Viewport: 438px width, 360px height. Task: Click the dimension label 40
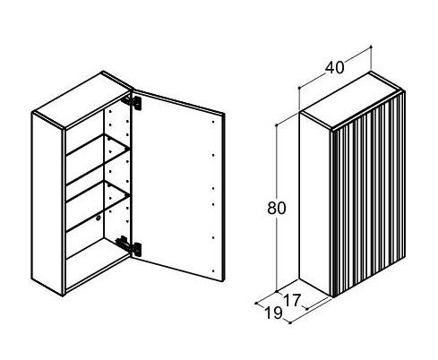(x=334, y=68)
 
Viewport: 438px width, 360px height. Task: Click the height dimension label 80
(x=277, y=208)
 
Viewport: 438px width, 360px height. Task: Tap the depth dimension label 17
(x=291, y=300)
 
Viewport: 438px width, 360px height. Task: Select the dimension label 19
(x=273, y=313)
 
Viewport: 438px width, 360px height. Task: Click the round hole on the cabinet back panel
(x=99, y=219)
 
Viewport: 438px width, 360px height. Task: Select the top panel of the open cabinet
(x=82, y=99)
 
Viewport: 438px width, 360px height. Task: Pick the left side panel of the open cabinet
(x=47, y=203)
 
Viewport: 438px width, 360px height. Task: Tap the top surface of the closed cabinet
(x=352, y=100)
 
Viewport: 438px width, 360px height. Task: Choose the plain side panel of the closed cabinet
(x=315, y=204)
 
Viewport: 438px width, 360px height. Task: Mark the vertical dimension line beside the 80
(x=277, y=208)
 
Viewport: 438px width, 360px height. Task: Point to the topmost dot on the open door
(x=213, y=122)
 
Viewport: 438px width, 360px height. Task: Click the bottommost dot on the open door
(x=213, y=271)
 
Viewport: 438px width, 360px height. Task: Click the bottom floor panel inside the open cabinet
(x=97, y=262)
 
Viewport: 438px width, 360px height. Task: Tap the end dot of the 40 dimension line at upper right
(x=371, y=47)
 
